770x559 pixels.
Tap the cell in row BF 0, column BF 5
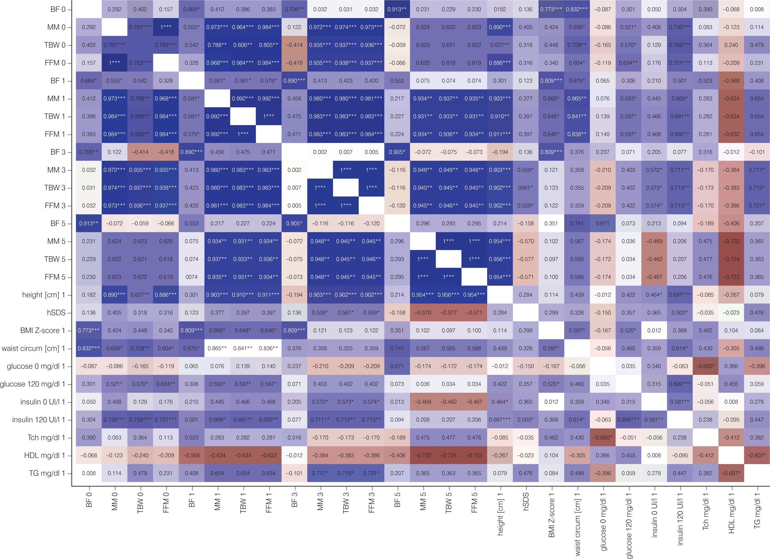[397, 9]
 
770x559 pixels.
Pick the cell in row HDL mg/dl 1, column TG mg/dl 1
[757, 455]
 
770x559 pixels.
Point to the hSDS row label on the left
[56, 313]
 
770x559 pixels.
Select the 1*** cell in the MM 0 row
[166, 27]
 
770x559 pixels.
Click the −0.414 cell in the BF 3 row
[140, 152]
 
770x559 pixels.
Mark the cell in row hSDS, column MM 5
[423, 313]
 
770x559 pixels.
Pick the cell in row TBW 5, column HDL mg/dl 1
[731, 259]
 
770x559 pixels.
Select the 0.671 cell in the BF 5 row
[603, 224]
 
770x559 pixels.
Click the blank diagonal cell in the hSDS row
[526, 313]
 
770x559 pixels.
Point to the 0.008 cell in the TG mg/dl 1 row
[89, 473]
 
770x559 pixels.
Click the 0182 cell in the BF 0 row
[500, 9]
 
